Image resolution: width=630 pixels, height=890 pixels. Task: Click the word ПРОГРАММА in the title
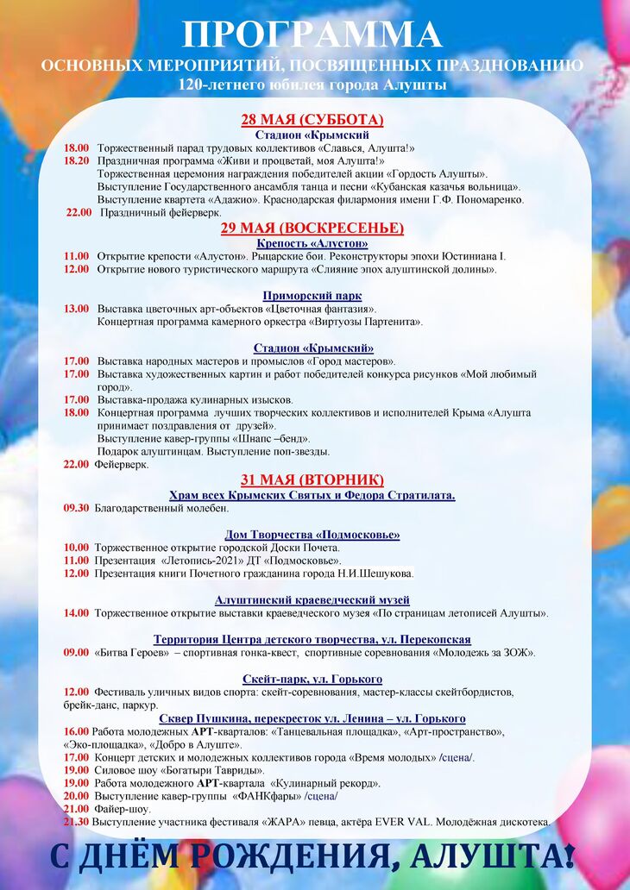click(x=312, y=35)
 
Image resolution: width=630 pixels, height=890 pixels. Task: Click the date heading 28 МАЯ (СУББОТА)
click(x=312, y=120)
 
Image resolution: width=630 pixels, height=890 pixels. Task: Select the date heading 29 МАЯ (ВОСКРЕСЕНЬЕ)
click(x=312, y=228)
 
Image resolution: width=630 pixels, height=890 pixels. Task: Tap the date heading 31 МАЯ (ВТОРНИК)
click(x=312, y=480)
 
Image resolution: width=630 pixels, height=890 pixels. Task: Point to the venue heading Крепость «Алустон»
click(x=312, y=243)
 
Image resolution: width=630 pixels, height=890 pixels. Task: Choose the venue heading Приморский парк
click(x=312, y=296)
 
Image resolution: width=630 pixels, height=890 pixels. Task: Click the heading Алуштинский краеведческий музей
click(x=312, y=599)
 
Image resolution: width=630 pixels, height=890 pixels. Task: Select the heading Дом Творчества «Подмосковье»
click(x=312, y=534)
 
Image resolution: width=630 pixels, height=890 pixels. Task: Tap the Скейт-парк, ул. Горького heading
click(x=312, y=679)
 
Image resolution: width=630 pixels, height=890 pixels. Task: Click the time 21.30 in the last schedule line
click(x=76, y=822)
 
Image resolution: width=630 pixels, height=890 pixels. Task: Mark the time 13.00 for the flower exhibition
click(x=76, y=309)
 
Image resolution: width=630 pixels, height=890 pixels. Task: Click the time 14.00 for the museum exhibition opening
click(x=76, y=613)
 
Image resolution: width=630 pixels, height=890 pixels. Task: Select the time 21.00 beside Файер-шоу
click(x=76, y=809)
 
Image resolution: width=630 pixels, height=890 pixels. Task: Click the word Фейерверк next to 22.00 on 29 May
click(x=121, y=464)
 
